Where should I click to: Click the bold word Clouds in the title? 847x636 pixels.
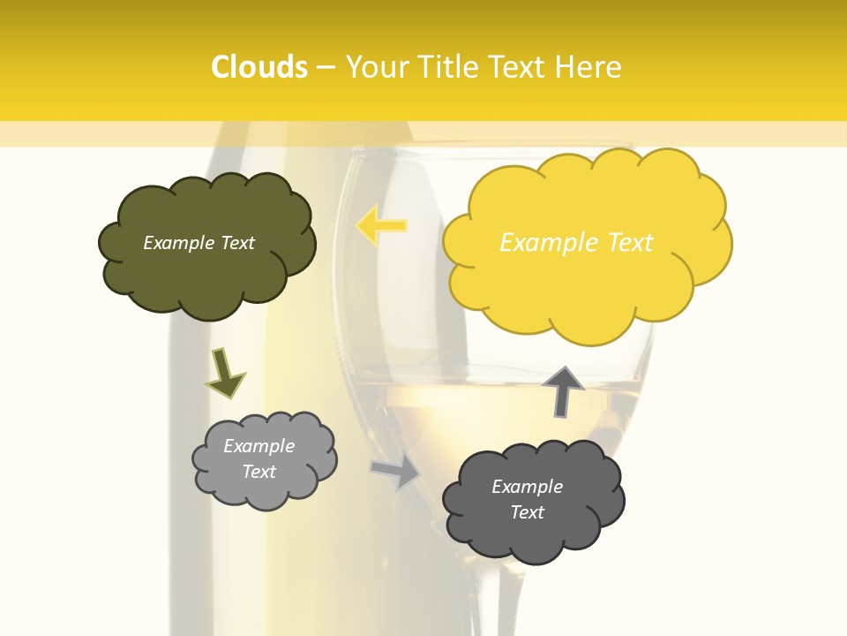(259, 67)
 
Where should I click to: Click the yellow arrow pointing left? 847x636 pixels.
(381, 225)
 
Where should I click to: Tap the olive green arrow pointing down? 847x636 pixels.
(224, 372)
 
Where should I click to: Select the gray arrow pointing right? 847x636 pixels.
(396, 471)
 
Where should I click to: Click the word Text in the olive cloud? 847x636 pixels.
(237, 243)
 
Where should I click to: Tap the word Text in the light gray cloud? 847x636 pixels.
(259, 472)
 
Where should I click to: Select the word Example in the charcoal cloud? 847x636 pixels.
(527, 487)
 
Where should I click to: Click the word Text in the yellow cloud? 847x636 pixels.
(629, 242)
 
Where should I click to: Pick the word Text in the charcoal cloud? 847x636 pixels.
(527, 512)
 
